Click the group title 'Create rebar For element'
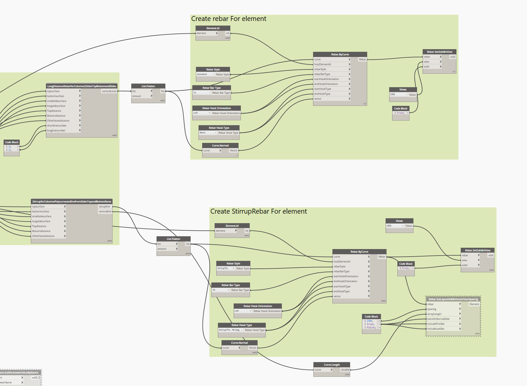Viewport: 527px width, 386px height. (x=229, y=19)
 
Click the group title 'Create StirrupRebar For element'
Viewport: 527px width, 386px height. (x=259, y=212)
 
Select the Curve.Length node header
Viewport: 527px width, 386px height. (x=332, y=365)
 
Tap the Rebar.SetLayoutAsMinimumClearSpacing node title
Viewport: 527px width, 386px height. (x=453, y=299)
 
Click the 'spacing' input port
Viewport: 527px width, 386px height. (x=432, y=309)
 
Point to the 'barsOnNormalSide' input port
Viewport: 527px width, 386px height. (x=438, y=319)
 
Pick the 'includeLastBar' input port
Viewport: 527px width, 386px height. (x=436, y=329)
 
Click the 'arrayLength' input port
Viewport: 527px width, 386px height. (x=434, y=314)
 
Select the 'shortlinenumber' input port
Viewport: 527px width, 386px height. (x=57, y=125)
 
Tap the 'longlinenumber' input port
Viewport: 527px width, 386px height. (x=56, y=130)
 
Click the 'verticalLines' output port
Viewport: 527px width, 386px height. (x=109, y=91)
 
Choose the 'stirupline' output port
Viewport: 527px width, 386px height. (x=104, y=206)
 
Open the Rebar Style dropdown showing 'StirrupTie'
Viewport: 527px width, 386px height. (x=226, y=268)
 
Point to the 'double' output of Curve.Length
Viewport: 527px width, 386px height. (x=345, y=370)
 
